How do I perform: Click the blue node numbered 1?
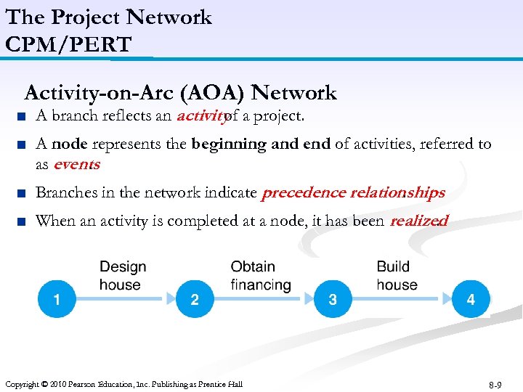tap(56, 299)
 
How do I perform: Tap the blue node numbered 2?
tap(195, 299)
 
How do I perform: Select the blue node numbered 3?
tap(333, 299)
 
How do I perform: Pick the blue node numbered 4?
tap(471, 299)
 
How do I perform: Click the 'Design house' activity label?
tap(122, 276)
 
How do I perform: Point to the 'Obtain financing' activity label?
tap(260, 276)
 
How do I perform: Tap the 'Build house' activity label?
tap(397, 276)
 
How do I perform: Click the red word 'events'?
tap(76, 164)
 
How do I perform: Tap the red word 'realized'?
tap(418, 221)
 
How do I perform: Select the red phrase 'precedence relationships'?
tap(353, 192)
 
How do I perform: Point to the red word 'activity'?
tap(200, 116)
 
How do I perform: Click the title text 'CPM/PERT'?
tap(68, 44)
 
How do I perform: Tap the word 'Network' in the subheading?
tap(296, 93)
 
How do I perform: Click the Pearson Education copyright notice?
tap(123, 384)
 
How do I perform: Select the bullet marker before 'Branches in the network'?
tap(25, 193)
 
